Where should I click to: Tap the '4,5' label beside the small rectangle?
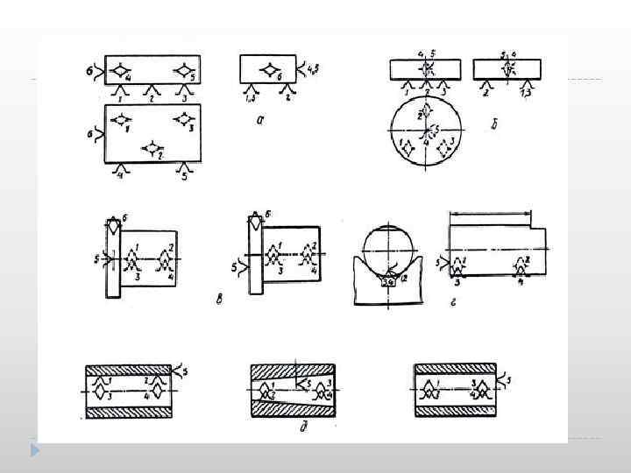[x=315, y=63]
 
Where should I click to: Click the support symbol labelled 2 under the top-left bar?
[x=153, y=90]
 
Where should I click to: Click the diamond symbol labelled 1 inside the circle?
[x=407, y=146]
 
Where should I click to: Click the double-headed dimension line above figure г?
[x=490, y=212]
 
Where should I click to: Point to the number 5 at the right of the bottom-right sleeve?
[x=509, y=378]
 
